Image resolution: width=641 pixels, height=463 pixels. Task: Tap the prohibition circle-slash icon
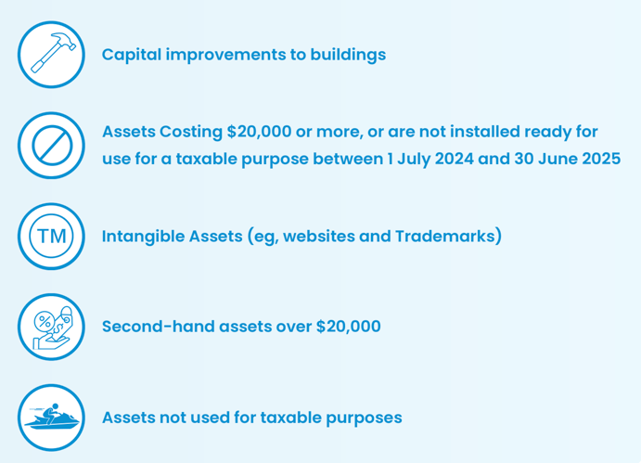point(52,145)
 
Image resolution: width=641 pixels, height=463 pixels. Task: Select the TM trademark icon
point(52,236)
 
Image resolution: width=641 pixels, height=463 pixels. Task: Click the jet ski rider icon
point(52,418)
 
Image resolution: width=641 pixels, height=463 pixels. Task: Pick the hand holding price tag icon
point(52,327)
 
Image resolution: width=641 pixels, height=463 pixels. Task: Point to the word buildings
point(348,55)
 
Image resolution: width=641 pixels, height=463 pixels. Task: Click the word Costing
point(191,132)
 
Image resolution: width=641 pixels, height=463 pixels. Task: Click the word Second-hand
point(159,327)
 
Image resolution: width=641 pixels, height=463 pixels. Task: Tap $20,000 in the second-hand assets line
point(349,327)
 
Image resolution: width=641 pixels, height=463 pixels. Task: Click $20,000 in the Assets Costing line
point(259,132)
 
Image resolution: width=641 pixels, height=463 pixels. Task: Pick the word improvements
point(225,56)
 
